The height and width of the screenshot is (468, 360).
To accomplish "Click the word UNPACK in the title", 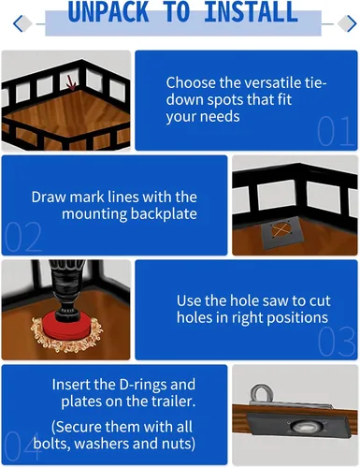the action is (x=108, y=11).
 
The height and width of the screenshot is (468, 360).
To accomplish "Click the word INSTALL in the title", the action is (x=251, y=11).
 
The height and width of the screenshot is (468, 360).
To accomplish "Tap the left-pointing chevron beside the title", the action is (x=18, y=23).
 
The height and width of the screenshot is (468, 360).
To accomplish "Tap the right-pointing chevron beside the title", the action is (x=352, y=23).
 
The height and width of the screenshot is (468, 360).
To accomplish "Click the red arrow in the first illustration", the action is (x=72, y=83).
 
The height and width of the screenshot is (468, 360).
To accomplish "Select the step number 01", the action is (x=336, y=131).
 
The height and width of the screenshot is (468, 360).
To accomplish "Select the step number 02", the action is (x=23, y=237).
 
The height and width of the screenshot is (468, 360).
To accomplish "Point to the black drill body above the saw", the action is (x=62, y=287).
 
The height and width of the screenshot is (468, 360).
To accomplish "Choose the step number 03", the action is (x=337, y=342).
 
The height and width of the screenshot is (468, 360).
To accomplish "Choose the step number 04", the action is (x=22, y=446).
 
